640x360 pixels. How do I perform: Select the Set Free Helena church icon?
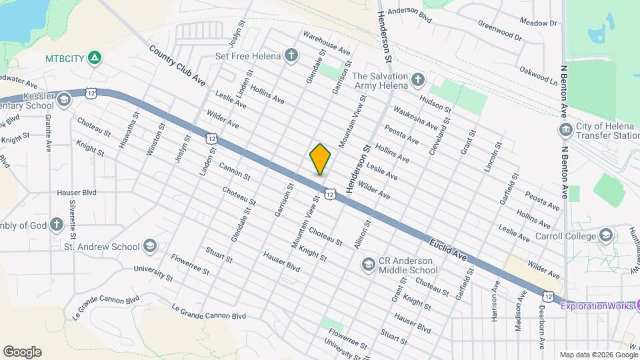click(291, 55)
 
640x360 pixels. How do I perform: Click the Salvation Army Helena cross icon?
click(417, 81)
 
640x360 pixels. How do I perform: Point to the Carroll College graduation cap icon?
click(605, 235)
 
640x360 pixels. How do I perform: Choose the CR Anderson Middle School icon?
click(367, 265)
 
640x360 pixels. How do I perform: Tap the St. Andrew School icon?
click(149, 247)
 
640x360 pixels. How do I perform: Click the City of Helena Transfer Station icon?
click(565, 128)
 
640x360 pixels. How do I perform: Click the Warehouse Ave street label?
click(326, 42)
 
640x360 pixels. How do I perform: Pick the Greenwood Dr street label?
click(500, 30)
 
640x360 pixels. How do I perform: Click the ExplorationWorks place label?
click(597, 306)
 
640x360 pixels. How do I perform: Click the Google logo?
click(22, 351)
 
